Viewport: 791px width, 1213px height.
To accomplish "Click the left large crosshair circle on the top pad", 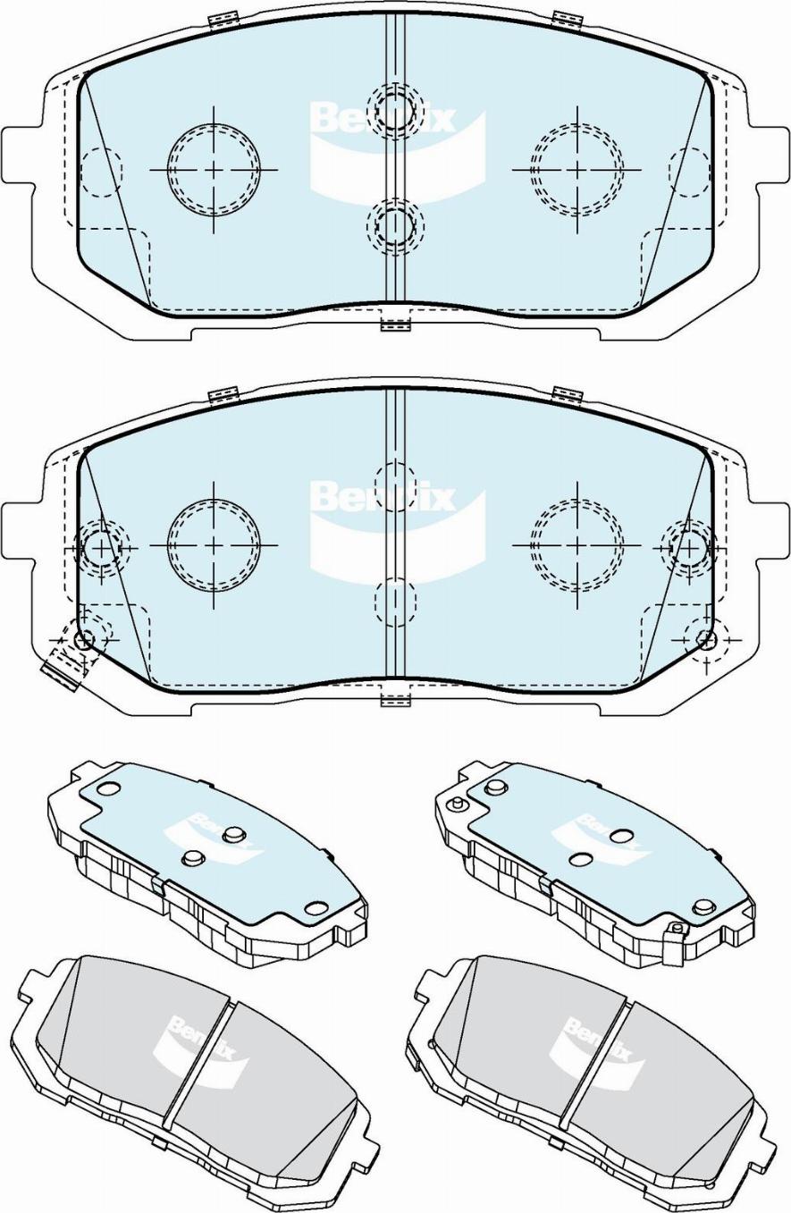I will coord(214,169).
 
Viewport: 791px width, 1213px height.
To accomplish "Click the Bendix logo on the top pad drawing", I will coord(393,152).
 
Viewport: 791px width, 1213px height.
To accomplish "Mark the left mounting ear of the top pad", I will coord(20,156).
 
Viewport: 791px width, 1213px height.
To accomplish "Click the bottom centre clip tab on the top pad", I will coord(395,324).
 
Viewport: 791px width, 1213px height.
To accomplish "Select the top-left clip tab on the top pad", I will coord(222,19).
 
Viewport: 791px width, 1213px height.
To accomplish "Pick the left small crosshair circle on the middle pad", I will coord(100,546).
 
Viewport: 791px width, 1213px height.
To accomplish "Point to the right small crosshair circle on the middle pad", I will coord(688,546).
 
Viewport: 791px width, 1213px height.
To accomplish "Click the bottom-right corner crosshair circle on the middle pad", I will coord(706,639).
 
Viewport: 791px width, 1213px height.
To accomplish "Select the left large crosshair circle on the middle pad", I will coord(214,544).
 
